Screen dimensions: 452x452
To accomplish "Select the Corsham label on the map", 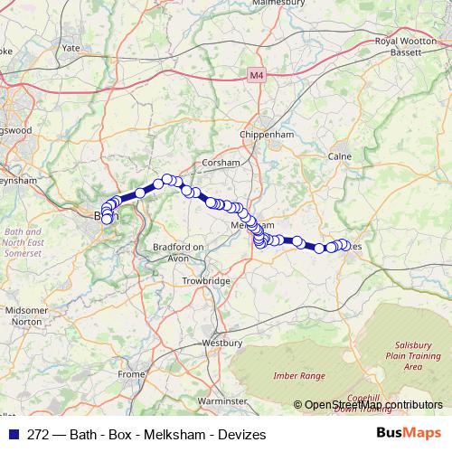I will tap(221, 163).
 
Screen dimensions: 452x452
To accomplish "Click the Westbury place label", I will tap(223, 344).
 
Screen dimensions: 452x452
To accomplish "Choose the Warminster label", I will tap(222, 400).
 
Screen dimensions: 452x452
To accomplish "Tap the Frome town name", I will tap(131, 373).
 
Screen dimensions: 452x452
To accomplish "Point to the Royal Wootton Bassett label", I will tap(399, 47).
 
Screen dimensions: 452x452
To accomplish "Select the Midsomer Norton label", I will tap(25, 315).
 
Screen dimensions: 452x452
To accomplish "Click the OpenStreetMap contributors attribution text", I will tap(367, 405).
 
